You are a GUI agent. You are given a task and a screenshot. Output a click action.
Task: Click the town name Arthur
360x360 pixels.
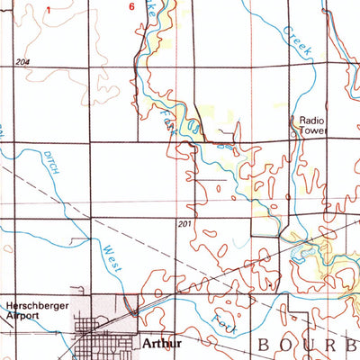(x=156, y=343)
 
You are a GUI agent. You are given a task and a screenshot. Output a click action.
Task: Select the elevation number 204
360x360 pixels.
(x=22, y=60)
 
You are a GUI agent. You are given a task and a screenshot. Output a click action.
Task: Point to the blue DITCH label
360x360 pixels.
(x=52, y=163)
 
